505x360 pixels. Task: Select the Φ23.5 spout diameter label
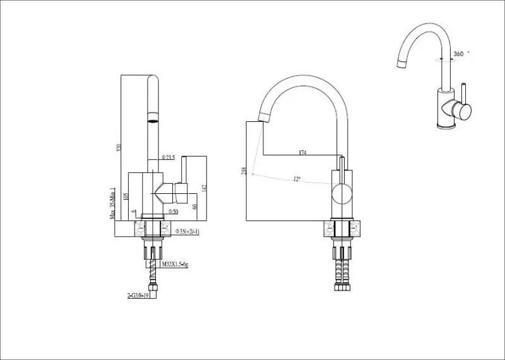[167, 157]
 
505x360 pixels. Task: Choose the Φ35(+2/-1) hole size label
[187, 231]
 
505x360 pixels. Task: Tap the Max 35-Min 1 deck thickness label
[112, 203]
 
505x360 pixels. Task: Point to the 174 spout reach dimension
[303, 153]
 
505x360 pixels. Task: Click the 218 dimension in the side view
[243, 171]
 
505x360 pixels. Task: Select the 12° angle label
[296, 179]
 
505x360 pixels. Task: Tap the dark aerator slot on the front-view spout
[153, 117]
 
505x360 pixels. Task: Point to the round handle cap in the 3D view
[463, 111]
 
